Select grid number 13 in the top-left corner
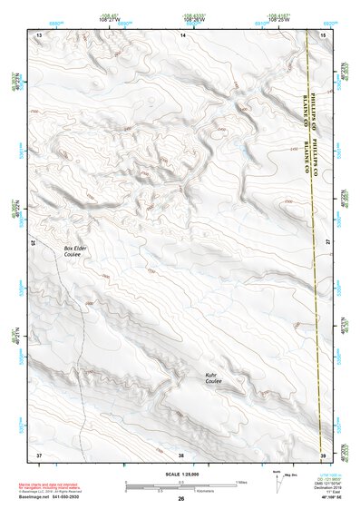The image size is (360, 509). [x=39, y=34]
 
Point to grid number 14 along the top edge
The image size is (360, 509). [x=182, y=34]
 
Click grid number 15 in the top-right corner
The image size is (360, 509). [x=323, y=34]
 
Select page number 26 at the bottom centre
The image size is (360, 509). [x=180, y=498]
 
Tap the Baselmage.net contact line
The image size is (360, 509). [x=55, y=498]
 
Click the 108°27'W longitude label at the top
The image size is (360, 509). [x=110, y=19]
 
